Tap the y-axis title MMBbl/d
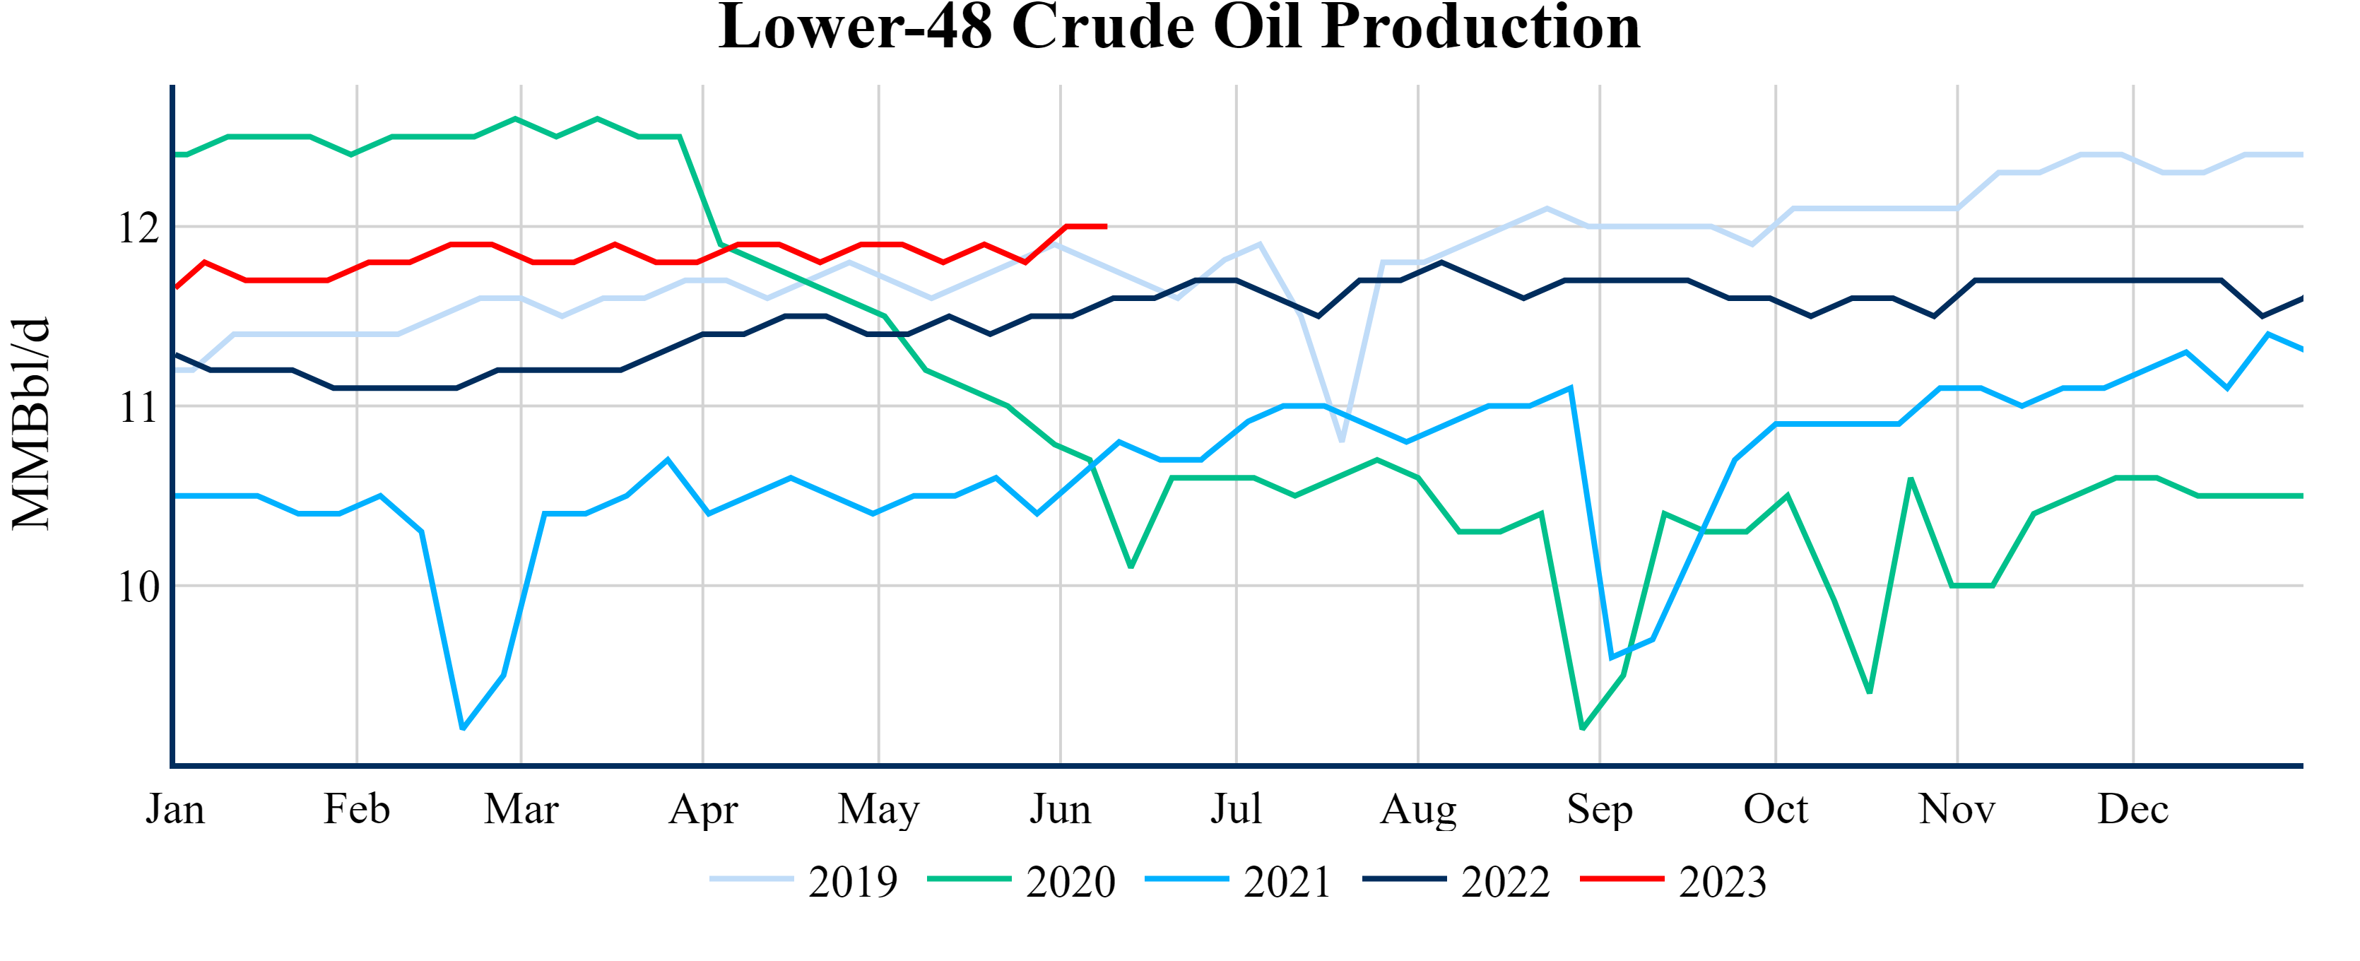pyautogui.click(x=31, y=423)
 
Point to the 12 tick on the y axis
pyautogui.click(x=138, y=228)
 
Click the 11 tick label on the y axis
pyautogui.click(x=138, y=407)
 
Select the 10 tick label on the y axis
pyautogui.click(x=138, y=586)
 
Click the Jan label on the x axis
pyautogui.click(x=175, y=809)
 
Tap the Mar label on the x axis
pyautogui.click(x=521, y=809)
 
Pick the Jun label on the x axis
pyautogui.click(x=1060, y=809)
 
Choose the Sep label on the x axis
pyautogui.click(x=1600, y=809)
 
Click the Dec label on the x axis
pyautogui.click(x=2132, y=809)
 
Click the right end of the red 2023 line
pyautogui.click(x=1106, y=226)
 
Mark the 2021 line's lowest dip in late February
pyautogui.click(x=463, y=729)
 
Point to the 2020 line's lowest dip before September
pyautogui.click(x=1583, y=729)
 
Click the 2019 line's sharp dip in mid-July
pyautogui.click(x=1342, y=441)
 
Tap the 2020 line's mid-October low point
pyautogui.click(x=1869, y=692)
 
